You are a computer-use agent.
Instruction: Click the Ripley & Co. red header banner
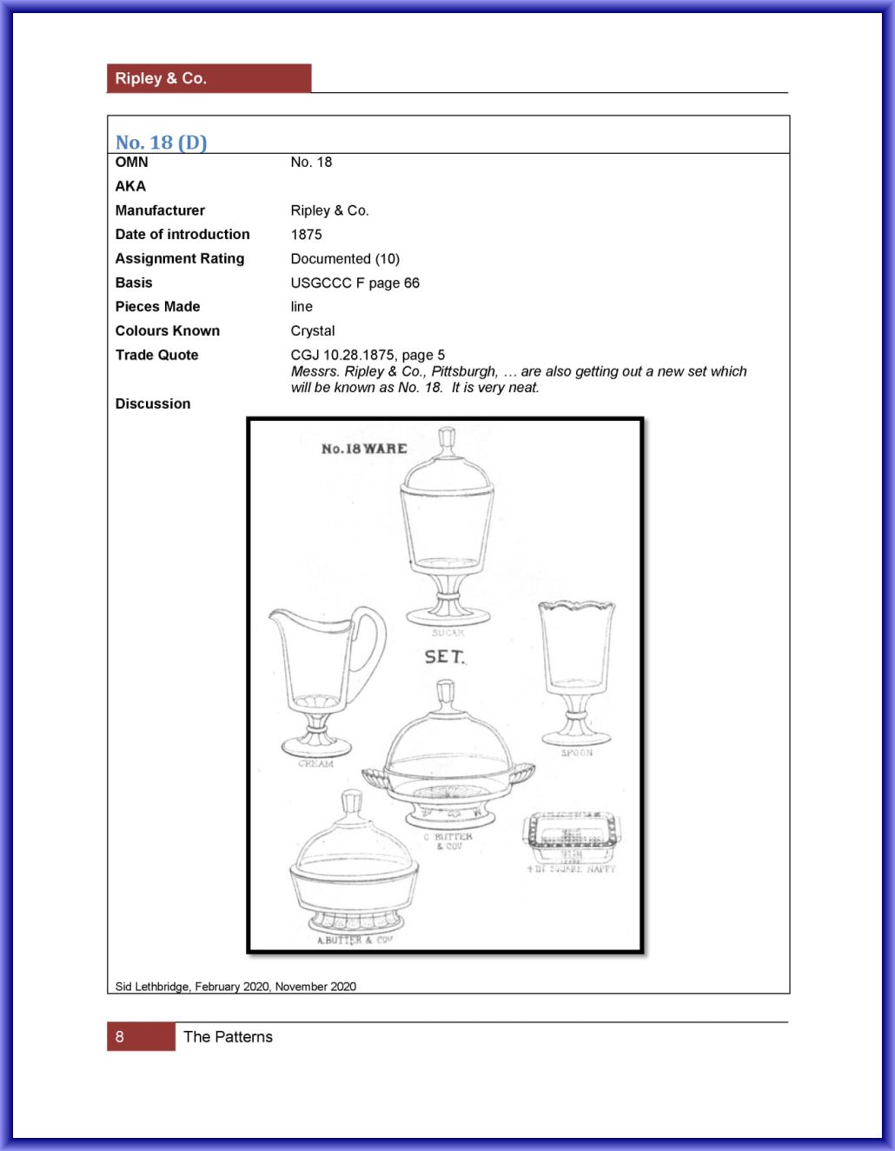[209, 78]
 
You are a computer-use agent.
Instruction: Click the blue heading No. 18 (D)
[161, 143]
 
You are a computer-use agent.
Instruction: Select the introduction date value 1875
[306, 235]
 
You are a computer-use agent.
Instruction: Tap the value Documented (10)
[345, 259]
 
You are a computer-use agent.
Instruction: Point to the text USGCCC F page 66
[355, 283]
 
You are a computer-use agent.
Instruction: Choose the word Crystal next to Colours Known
[312, 331]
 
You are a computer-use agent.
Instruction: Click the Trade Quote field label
[156, 356]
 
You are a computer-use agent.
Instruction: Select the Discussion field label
[152, 404]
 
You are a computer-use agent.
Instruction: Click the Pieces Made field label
[157, 307]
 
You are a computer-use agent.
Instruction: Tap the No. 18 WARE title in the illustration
[364, 449]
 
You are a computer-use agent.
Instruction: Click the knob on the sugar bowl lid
[447, 438]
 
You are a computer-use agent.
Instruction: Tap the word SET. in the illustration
[444, 657]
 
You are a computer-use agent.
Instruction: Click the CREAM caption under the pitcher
[315, 764]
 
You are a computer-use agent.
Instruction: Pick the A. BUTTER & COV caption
[354, 940]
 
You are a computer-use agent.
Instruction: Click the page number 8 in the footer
[120, 1037]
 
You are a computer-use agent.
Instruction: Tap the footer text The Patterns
[228, 1037]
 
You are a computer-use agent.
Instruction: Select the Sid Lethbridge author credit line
[235, 987]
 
